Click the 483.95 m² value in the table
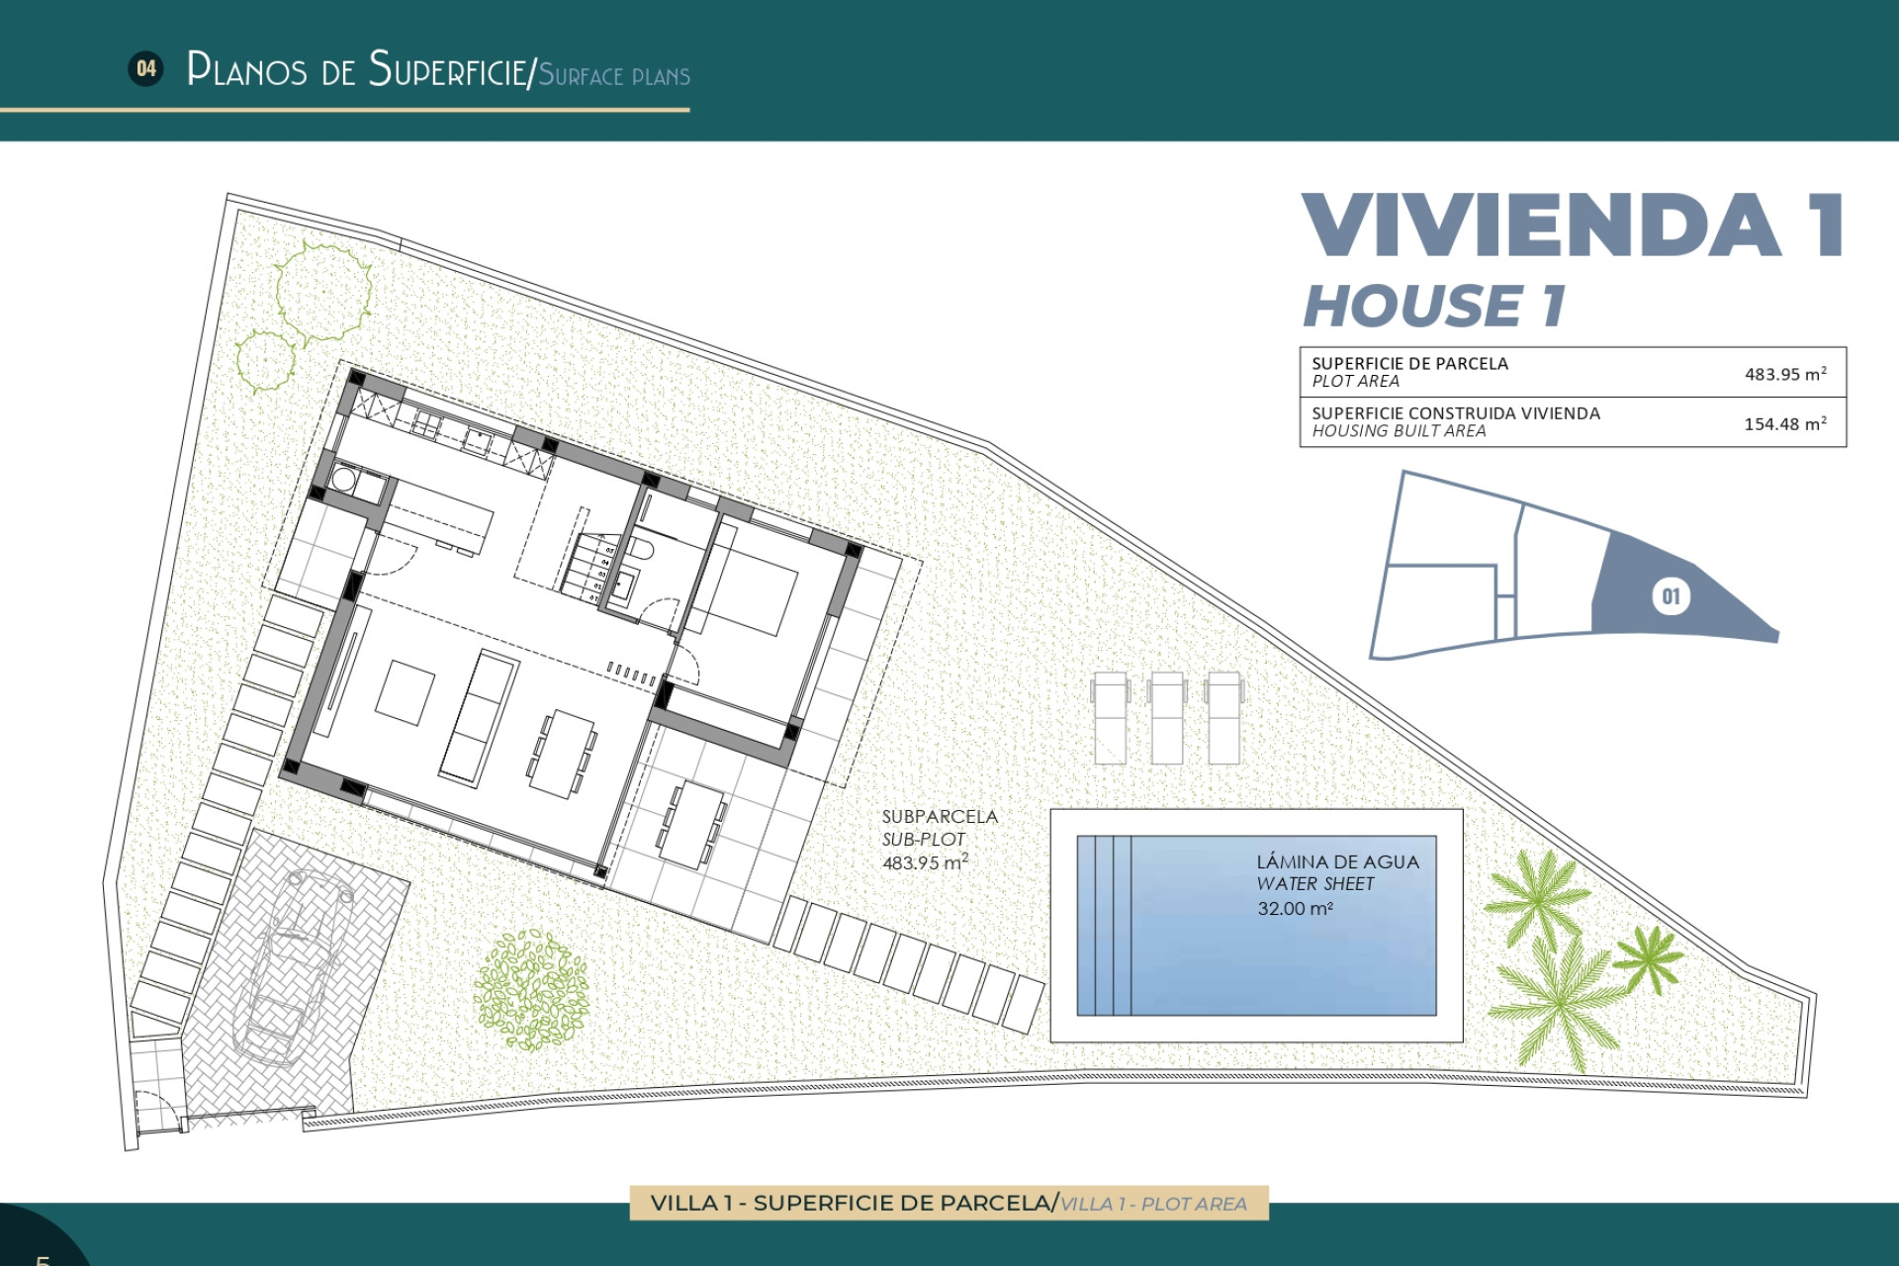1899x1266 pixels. (x=1784, y=374)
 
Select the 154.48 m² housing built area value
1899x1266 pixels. (x=1784, y=423)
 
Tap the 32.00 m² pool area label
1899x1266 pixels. (x=1295, y=908)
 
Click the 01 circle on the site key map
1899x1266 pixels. (x=1671, y=596)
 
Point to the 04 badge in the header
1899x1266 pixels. (x=146, y=68)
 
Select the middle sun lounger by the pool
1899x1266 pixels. (x=1167, y=717)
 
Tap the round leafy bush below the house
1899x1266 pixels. (x=531, y=989)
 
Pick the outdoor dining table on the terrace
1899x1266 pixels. (x=691, y=824)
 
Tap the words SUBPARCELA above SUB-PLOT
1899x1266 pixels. (x=940, y=816)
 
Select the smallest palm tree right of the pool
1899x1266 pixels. (x=1647, y=957)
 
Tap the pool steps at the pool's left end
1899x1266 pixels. (x=1104, y=925)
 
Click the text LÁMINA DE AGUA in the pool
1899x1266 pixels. (x=1337, y=861)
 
